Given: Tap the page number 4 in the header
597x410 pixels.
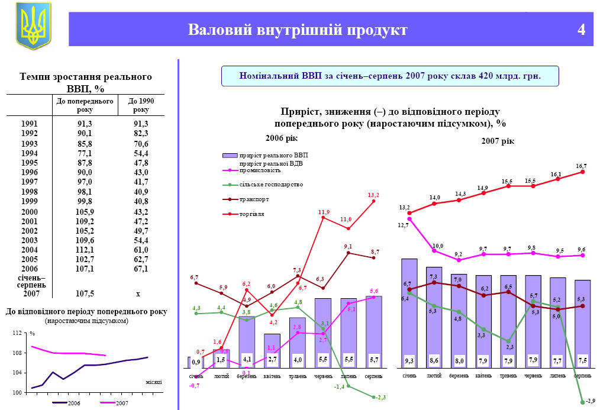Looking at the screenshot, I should click(581, 30).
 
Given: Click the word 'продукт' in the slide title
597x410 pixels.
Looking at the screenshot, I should click(376, 30).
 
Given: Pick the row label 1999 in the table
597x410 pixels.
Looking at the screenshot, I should click(29, 202).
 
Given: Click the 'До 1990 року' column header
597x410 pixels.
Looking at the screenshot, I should click(141, 105).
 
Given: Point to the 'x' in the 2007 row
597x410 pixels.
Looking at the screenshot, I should click(138, 293).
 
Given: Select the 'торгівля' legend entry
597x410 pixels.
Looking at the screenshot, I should click(252, 214).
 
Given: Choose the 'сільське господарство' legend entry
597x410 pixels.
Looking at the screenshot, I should click(271, 185).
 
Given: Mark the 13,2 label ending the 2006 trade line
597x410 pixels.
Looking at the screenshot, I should click(373, 195).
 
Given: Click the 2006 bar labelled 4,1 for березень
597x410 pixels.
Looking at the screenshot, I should click(247, 343).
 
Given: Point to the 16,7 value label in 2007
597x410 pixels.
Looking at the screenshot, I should click(581, 166).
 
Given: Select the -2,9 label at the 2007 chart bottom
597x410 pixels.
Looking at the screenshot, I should click(589, 402).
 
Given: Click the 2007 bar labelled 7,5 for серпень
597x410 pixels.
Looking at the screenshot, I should click(582, 324).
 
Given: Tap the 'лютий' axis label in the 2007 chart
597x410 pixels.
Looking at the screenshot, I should click(434, 376).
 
